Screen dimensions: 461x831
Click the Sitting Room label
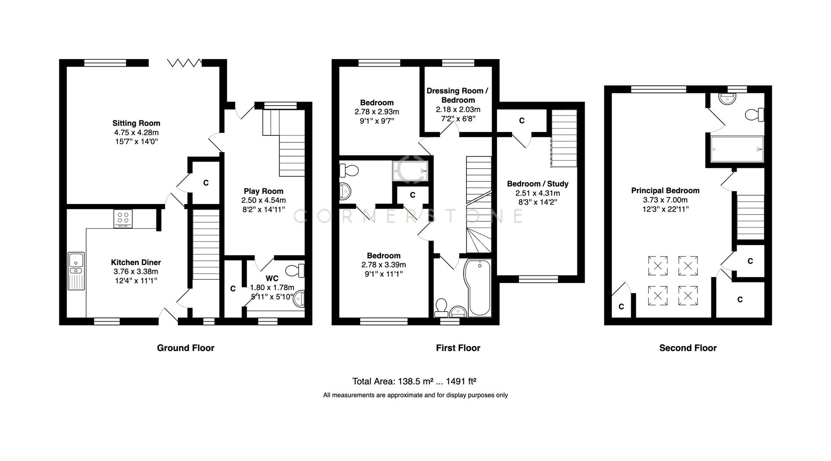coord(136,123)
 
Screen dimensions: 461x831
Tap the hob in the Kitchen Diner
coord(123,218)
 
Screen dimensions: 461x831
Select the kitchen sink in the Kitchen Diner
coord(76,271)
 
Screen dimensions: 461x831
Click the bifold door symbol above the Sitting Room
coord(184,63)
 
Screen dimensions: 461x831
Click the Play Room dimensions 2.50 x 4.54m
coord(263,200)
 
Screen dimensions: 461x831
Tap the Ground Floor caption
coord(185,348)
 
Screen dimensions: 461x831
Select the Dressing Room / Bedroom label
coord(457,95)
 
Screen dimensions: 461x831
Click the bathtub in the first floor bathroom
coord(478,288)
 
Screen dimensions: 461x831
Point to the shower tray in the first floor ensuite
coord(410,171)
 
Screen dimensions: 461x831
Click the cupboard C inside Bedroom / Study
coord(522,121)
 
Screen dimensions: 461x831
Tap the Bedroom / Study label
coord(538,184)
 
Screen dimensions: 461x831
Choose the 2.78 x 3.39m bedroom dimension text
coord(383,265)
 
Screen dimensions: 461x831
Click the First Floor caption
coord(458,348)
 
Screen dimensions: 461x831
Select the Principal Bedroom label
coord(665,191)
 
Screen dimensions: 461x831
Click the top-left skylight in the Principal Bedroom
coord(657,266)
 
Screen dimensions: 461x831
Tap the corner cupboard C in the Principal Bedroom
coord(621,306)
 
